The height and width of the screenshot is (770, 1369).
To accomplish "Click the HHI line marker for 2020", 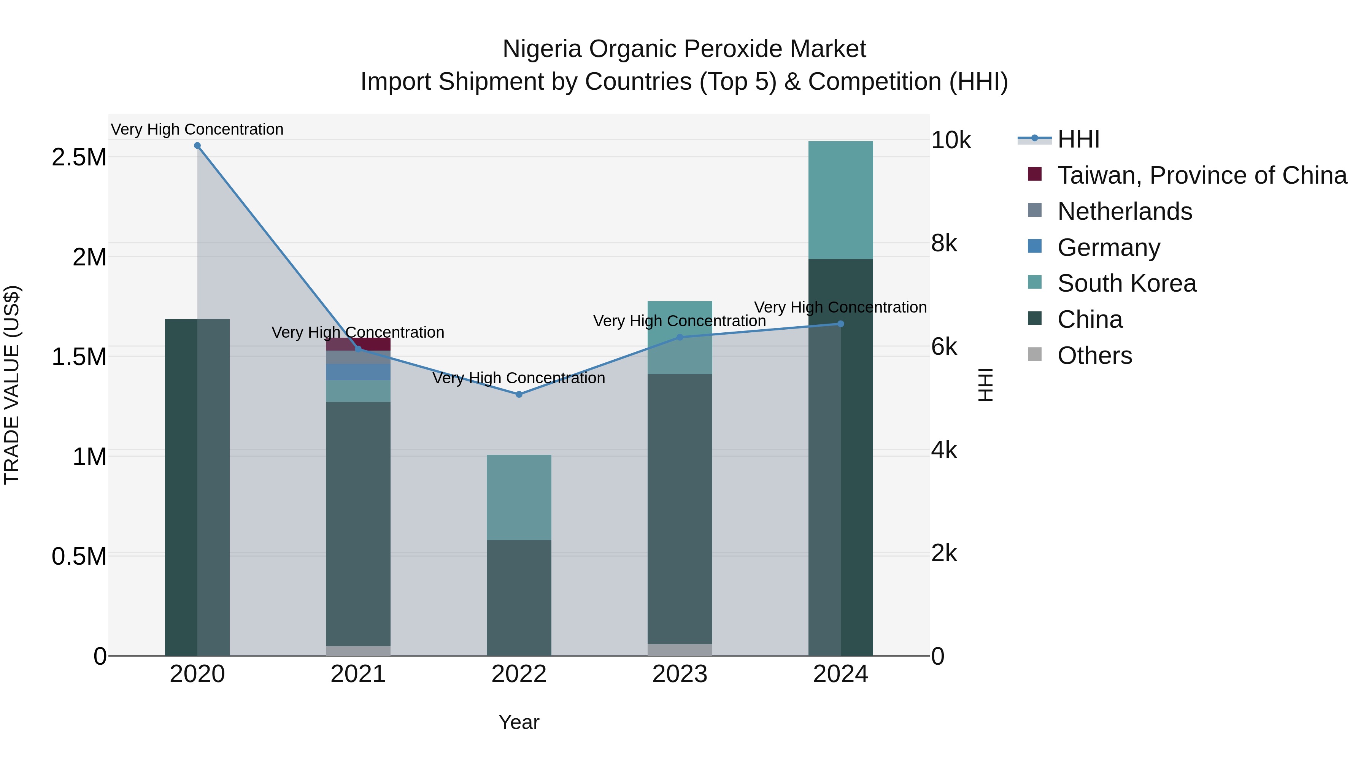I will point(197,145).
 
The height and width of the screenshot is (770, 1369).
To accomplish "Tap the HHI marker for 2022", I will point(519,394).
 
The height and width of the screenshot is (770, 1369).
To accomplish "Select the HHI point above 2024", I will point(840,324).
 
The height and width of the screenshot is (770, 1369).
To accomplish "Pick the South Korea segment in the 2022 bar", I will point(519,497).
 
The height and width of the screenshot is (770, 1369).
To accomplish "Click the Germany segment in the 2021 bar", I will point(358,372).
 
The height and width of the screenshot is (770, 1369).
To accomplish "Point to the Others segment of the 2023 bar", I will point(679,649).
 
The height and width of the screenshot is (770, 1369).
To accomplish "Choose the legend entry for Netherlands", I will point(1124,211).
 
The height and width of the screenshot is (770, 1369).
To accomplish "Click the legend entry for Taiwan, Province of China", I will point(1201,175).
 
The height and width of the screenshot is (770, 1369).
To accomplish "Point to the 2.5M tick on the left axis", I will point(79,157).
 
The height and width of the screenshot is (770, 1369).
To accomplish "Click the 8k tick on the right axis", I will point(944,243).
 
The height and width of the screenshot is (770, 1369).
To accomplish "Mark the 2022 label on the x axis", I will point(519,674).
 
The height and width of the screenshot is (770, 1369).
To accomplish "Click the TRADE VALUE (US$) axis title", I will point(12,385).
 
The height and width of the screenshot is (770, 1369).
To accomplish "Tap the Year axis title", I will point(519,722).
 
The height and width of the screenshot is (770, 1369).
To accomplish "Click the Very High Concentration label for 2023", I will point(679,321).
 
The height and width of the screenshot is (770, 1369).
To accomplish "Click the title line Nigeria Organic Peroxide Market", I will point(684,49).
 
